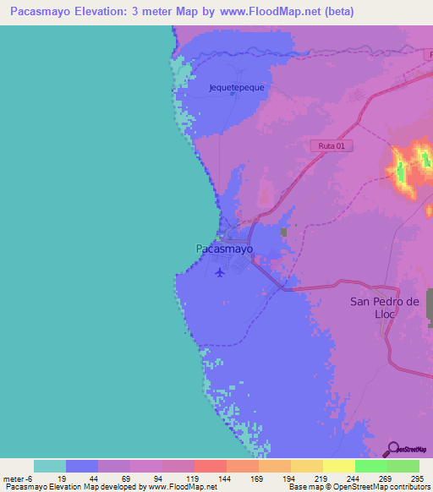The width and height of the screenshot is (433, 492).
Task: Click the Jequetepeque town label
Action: pos(237,86)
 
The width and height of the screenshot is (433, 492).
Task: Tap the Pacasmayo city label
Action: pos(224,249)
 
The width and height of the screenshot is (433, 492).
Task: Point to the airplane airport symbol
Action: pos(221,272)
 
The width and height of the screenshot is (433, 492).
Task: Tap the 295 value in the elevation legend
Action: pos(415,478)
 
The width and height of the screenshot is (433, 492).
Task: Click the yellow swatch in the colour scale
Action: pos(338,466)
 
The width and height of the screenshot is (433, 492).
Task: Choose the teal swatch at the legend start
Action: pos(50,466)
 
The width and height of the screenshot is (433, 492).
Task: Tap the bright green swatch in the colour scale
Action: pos(370,466)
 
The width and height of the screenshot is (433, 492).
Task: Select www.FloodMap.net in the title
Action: pos(271,12)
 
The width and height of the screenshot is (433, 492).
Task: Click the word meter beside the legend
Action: pos(15,478)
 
